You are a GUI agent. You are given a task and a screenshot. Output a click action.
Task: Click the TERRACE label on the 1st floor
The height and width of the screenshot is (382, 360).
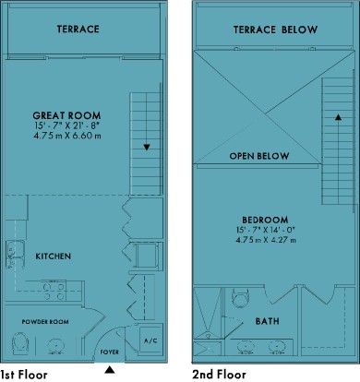pyautogui.click(x=78, y=29)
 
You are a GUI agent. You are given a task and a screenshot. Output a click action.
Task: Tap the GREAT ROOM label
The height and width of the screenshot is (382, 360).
pyautogui.click(x=66, y=115)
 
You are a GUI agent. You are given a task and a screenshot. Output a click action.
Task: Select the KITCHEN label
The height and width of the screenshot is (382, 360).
pyautogui.click(x=54, y=257)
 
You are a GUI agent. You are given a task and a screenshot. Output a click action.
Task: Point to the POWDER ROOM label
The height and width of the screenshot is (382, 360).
pyautogui.click(x=45, y=322)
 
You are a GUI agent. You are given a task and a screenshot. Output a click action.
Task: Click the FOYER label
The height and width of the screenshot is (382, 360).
pyautogui.click(x=110, y=352)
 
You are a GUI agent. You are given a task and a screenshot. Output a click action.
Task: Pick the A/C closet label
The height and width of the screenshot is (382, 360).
pyautogui.click(x=150, y=340)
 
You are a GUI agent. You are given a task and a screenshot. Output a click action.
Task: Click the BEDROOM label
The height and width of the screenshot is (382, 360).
pyautogui.click(x=265, y=220)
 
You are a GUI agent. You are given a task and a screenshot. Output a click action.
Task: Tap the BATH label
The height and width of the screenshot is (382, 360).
pyautogui.click(x=268, y=321)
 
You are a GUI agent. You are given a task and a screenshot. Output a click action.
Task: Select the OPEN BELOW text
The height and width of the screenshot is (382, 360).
pyautogui.click(x=259, y=156)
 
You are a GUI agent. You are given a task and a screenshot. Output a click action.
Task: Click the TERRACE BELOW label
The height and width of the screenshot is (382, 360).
pyautogui.click(x=275, y=30)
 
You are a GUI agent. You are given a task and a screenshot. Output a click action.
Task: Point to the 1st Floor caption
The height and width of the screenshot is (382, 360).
pyautogui.click(x=24, y=375)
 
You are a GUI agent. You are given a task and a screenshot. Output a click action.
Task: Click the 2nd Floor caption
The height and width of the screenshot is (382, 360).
pyautogui.click(x=219, y=375)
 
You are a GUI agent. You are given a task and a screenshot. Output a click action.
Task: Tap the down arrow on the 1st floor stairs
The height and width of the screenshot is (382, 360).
pyautogui.click(x=147, y=148)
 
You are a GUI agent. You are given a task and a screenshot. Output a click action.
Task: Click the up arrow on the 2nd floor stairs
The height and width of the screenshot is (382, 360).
pyautogui.click(x=338, y=117)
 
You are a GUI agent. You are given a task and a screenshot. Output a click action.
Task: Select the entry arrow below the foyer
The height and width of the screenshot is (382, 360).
pyautogui.click(x=109, y=370)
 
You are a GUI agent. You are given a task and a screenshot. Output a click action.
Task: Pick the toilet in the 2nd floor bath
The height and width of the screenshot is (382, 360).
pyautogui.click(x=241, y=298)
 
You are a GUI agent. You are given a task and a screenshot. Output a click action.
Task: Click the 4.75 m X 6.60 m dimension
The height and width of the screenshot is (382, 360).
pyautogui.click(x=67, y=136)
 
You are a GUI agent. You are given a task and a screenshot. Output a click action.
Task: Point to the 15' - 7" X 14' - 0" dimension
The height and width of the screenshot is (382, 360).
pyautogui.click(x=266, y=230)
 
